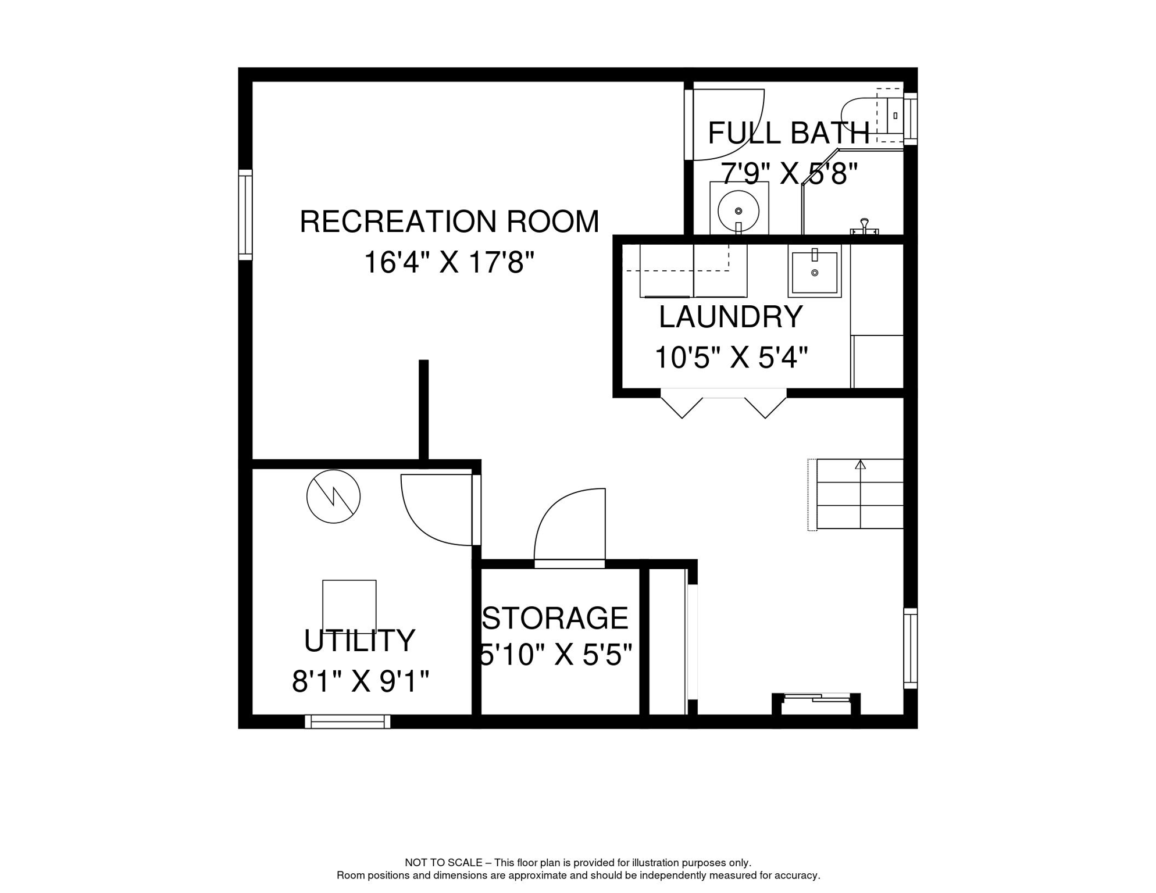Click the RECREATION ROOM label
click(x=449, y=222)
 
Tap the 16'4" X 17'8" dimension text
click(x=449, y=262)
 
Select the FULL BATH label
click(x=788, y=133)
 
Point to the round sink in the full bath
click(x=738, y=210)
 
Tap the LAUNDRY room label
click(x=730, y=317)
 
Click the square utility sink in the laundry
click(x=815, y=271)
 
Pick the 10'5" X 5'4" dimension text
click(x=731, y=357)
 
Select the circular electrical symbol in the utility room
click(x=333, y=496)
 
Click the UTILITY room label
click(x=359, y=641)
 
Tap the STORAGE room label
click(x=555, y=617)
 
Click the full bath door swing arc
click(x=750, y=139)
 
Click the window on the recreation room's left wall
click(x=245, y=215)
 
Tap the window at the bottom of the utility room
click(x=348, y=721)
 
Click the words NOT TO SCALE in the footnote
click(x=444, y=863)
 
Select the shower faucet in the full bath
click(x=864, y=226)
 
